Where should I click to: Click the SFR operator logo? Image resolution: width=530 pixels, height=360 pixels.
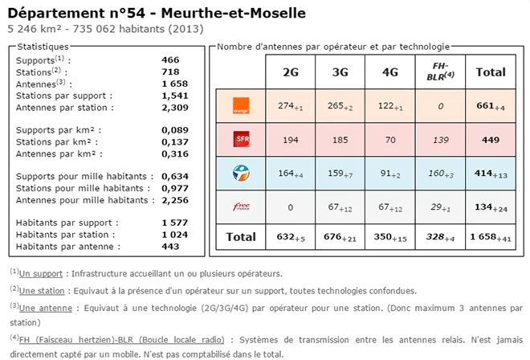pyautogui.click(x=240, y=140)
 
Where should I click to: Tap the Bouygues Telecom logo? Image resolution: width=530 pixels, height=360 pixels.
pyautogui.click(x=240, y=173)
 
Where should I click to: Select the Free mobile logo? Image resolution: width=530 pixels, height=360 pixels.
pyautogui.click(x=240, y=207)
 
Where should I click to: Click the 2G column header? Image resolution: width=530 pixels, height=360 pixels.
pyautogui.click(x=291, y=72)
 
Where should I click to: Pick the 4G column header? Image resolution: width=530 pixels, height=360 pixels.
pyautogui.click(x=390, y=72)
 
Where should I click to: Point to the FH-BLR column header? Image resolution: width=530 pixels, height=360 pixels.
pyautogui.click(x=440, y=72)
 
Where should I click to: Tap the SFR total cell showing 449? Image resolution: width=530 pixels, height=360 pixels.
pyautogui.click(x=491, y=140)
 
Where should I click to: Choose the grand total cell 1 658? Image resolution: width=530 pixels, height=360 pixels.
pyautogui.click(x=491, y=237)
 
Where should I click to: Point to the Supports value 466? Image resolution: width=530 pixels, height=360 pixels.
pyautogui.click(x=170, y=60)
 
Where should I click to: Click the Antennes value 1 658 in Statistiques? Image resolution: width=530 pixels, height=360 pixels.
pyautogui.click(x=174, y=83)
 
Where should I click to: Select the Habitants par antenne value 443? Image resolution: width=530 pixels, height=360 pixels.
pyautogui.click(x=170, y=247)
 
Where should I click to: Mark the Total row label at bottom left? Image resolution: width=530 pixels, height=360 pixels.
pyautogui.click(x=240, y=237)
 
